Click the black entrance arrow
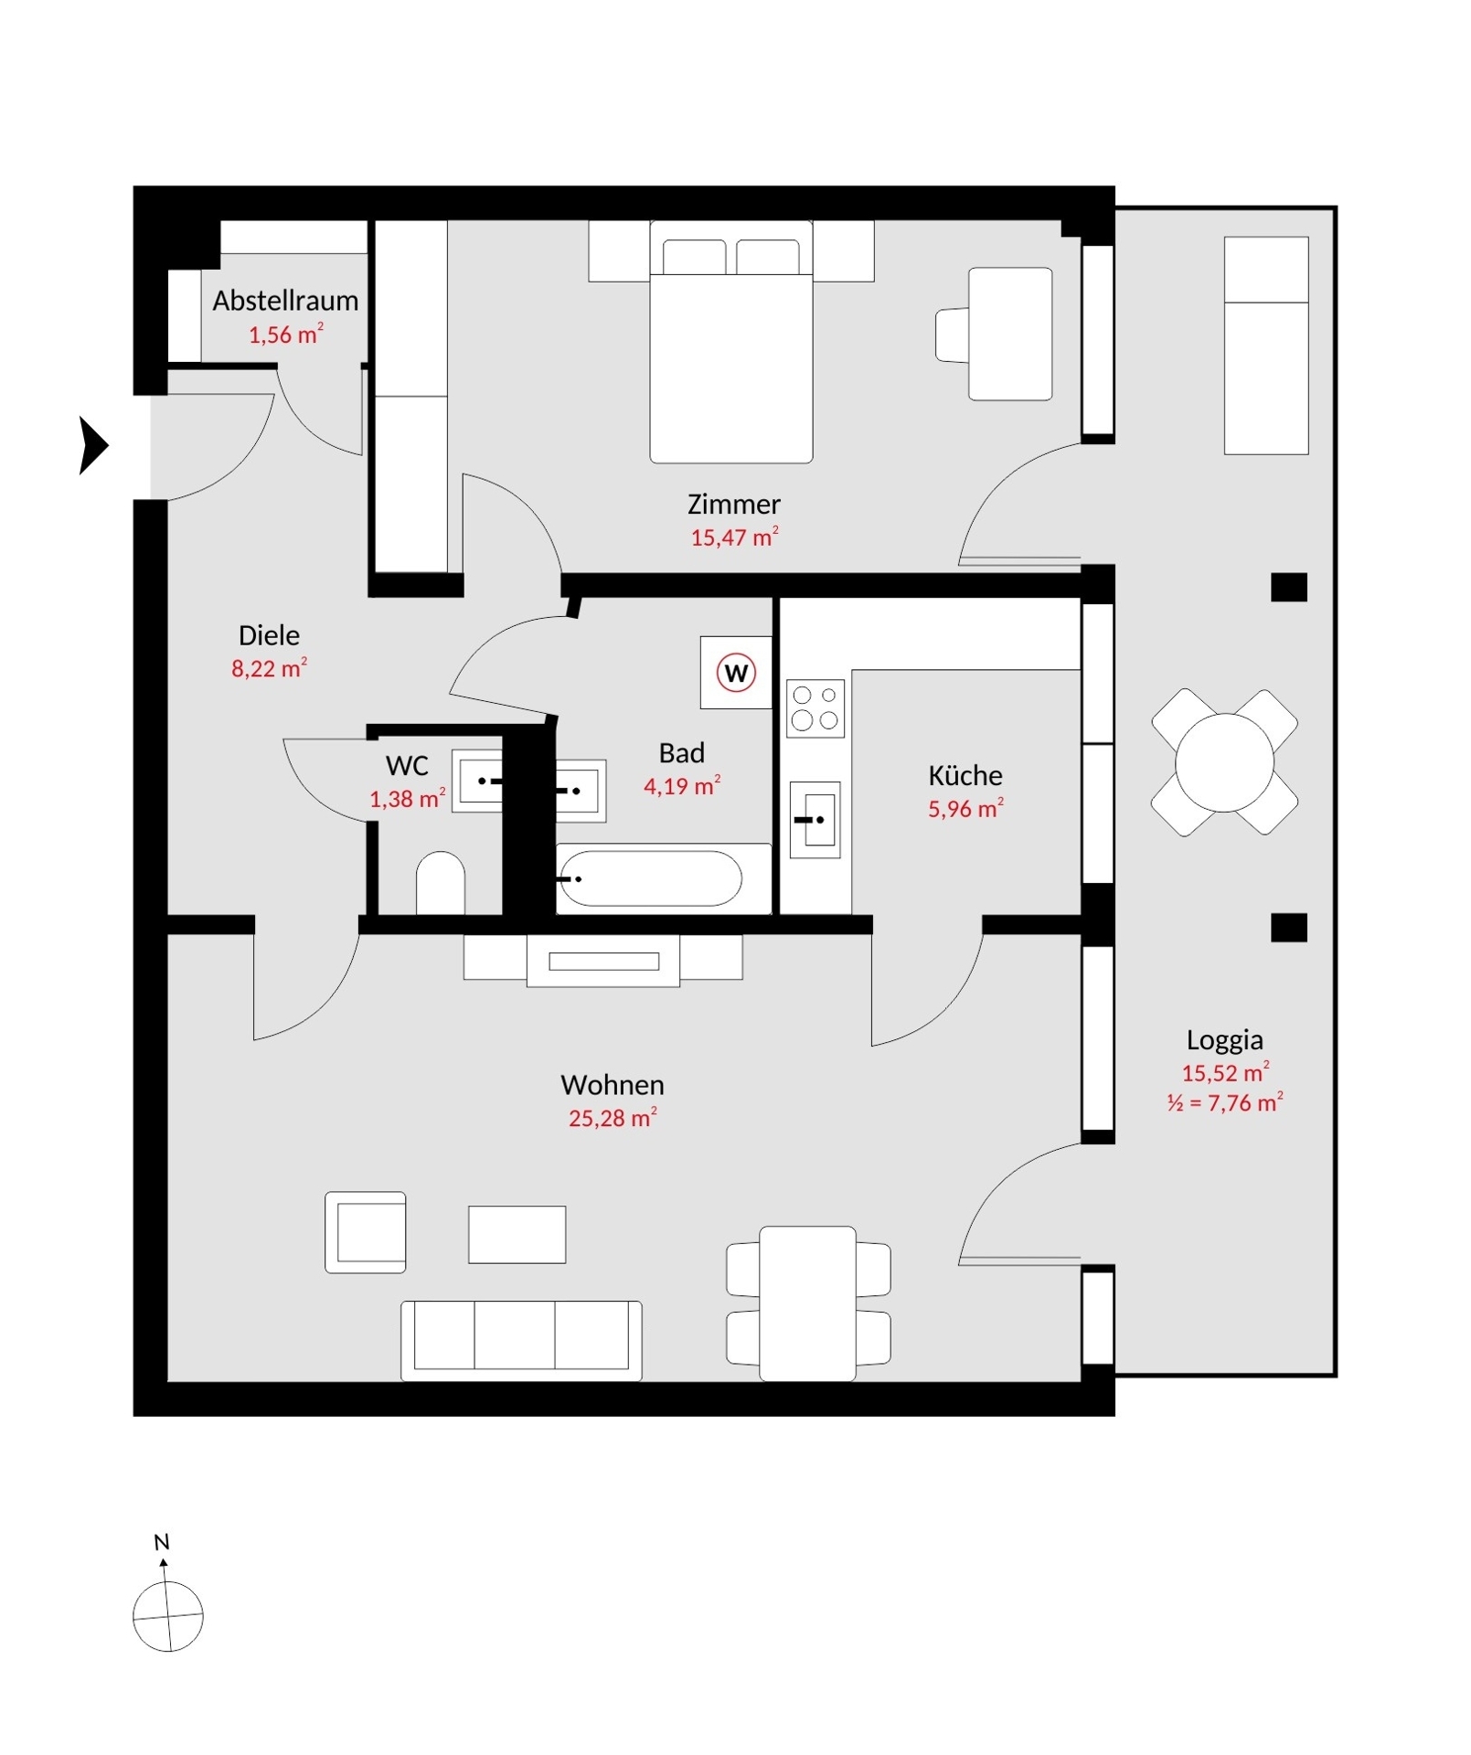(x=94, y=446)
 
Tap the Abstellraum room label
(x=285, y=301)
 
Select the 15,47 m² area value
(x=734, y=537)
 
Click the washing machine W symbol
(x=736, y=673)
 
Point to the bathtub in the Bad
(x=650, y=878)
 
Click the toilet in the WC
(x=441, y=883)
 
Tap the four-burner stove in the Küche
(x=815, y=707)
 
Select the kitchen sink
(x=815, y=820)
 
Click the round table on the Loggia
(x=1224, y=762)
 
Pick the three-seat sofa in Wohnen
(x=521, y=1340)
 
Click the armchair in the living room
(x=366, y=1232)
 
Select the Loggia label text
(x=1225, y=1039)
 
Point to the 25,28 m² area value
(x=613, y=1117)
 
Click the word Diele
(x=269, y=635)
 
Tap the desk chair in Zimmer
(x=953, y=335)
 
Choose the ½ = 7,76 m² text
(x=1225, y=1102)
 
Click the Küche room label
(x=965, y=775)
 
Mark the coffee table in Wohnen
(x=517, y=1234)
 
